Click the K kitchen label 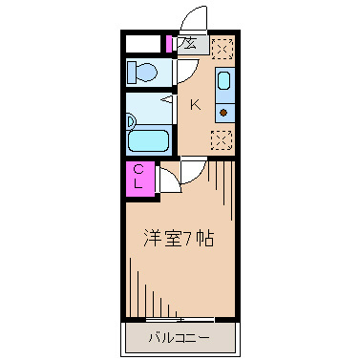click(196, 105)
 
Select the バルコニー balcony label click(179, 337)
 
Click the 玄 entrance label click(189, 44)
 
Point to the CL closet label click(139, 178)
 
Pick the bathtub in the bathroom click(149, 140)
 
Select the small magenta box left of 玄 click(169, 44)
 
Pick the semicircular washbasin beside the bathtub click(131, 122)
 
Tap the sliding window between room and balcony click(179, 318)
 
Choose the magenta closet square click(139, 179)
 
